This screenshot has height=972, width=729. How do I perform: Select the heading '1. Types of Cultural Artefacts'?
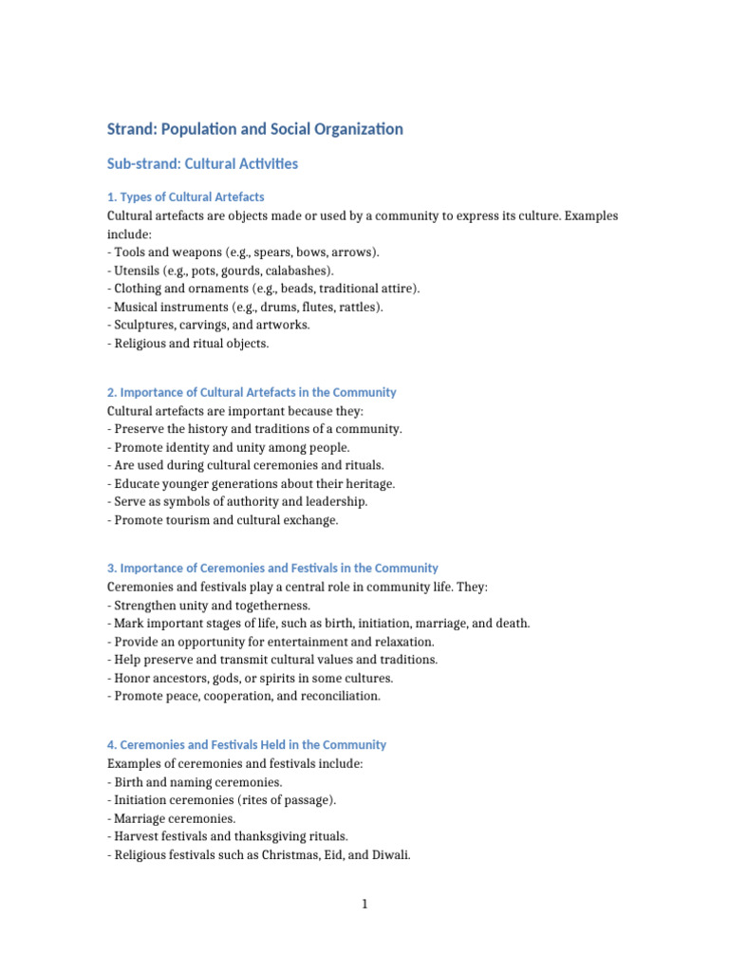click(x=185, y=197)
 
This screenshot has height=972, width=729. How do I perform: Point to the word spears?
click(x=275, y=252)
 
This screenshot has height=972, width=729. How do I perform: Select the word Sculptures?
click(x=145, y=325)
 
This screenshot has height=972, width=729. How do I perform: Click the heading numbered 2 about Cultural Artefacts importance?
click(x=252, y=392)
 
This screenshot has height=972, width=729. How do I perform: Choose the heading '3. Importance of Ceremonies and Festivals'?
click(x=272, y=569)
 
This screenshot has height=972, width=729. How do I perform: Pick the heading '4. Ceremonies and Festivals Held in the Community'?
click(x=247, y=745)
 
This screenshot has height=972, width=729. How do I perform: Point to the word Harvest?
click(x=138, y=836)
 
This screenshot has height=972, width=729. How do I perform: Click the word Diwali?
click(x=389, y=854)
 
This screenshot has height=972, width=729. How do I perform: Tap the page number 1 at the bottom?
click(x=364, y=905)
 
